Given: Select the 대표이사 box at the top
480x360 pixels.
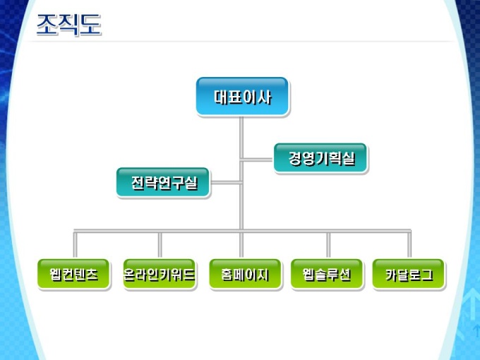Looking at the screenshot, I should pyautogui.click(x=242, y=96).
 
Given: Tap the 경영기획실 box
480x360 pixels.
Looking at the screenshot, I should pyautogui.click(x=320, y=158).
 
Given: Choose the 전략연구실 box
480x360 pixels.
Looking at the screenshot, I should pyautogui.click(x=163, y=183).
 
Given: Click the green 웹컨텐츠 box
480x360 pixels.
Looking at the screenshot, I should pyautogui.click(x=74, y=274).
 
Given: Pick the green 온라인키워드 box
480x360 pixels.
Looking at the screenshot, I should pyautogui.click(x=159, y=274).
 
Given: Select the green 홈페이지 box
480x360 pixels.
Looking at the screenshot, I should pyautogui.click(x=241, y=274).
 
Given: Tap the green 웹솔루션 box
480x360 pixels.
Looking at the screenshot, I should pyautogui.click(x=326, y=274).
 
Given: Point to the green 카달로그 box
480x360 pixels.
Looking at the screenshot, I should pyautogui.click(x=409, y=274).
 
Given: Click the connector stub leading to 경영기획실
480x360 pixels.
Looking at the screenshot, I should pyautogui.click(x=257, y=158).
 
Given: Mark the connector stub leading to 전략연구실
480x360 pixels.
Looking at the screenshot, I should pyautogui.click(x=225, y=183).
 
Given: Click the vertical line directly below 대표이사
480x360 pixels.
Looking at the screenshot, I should pyautogui.click(x=241, y=134).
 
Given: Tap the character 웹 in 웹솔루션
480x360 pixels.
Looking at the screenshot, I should pyautogui.click(x=308, y=274).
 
